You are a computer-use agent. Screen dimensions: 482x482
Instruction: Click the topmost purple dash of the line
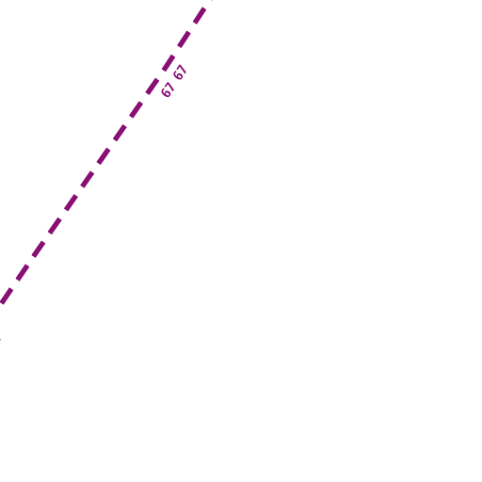click(x=200, y=16)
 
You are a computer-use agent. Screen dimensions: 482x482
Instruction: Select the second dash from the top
click(x=184, y=40)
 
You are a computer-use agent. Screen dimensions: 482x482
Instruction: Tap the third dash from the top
click(x=169, y=62)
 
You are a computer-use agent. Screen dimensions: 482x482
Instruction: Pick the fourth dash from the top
click(x=153, y=86)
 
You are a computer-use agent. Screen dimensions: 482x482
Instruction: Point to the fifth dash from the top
click(x=137, y=109)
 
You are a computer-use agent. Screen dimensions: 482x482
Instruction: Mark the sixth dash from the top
click(x=120, y=133)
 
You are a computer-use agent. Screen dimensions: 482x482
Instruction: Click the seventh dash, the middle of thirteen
click(x=104, y=156)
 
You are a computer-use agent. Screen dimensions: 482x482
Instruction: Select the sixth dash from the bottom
click(x=88, y=179)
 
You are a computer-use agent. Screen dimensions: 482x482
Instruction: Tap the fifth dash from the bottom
click(x=71, y=202)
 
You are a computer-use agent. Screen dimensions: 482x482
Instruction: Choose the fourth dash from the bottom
click(x=55, y=226)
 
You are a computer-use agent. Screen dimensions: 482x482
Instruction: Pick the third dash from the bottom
click(x=39, y=249)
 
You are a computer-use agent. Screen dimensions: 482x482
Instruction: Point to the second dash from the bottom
click(x=23, y=272)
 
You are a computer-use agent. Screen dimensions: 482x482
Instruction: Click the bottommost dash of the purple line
click(x=7, y=296)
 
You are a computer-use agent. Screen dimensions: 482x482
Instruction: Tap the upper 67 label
click(x=180, y=72)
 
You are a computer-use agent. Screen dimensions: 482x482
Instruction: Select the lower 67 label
click(x=168, y=89)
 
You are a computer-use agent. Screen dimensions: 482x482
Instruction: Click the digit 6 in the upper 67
click(x=178, y=75)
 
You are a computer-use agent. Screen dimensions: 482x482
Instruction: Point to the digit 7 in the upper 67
click(x=183, y=69)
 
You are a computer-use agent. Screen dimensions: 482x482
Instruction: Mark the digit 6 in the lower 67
click(x=166, y=93)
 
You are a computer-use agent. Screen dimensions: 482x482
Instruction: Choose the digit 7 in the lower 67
click(x=169, y=87)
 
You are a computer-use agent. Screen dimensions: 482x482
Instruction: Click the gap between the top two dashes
click(x=192, y=27)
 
